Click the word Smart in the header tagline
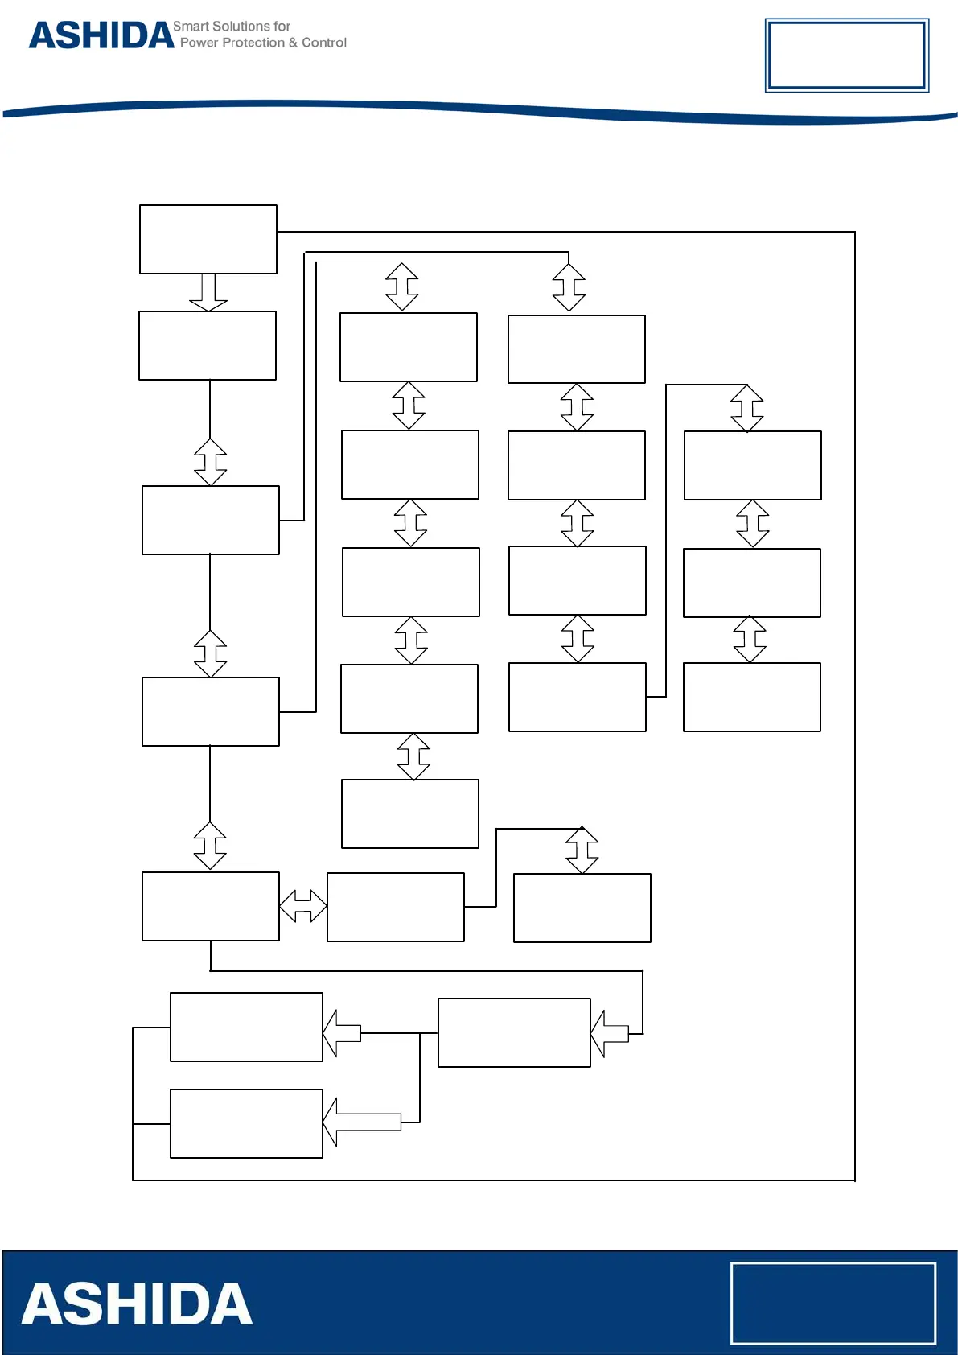click(x=191, y=27)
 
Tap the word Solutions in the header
click(x=241, y=27)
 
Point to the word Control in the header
click(x=324, y=43)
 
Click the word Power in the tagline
click(x=199, y=43)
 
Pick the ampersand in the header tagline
click(x=294, y=43)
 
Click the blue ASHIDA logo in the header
click(x=101, y=35)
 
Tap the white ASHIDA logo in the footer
click(x=137, y=1304)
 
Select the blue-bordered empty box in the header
click(x=846, y=55)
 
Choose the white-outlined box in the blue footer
click(x=833, y=1303)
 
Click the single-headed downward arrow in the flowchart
click(x=208, y=292)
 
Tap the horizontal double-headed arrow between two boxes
click(x=302, y=906)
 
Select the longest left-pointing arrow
click(x=362, y=1122)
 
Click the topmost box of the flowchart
click(x=208, y=239)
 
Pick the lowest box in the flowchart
click(x=246, y=1123)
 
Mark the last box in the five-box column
click(x=410, y=813)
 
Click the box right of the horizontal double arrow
click(x=396, y=907)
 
